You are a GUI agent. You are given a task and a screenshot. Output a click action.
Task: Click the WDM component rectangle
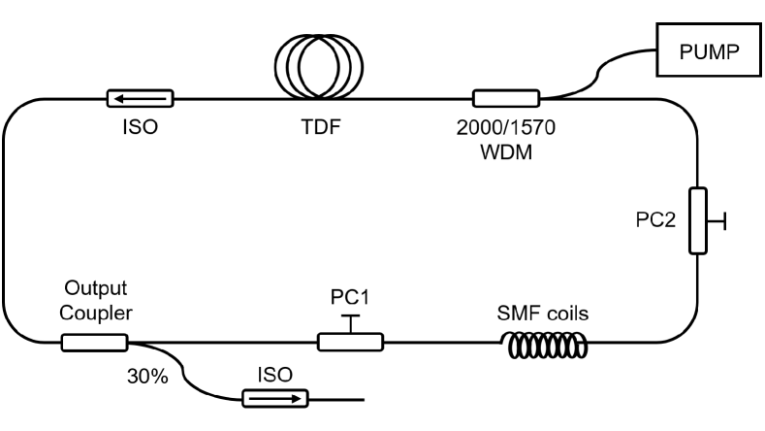pyautogui.click(x=505, y=98)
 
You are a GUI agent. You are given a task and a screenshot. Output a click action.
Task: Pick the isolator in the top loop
pyautogui.click(x=140, y=98)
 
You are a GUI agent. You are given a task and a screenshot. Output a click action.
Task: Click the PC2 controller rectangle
pyautogui.click(x=697, y=222)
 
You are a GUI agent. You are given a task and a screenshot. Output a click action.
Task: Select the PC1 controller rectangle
pyautogui.click(x=350, y=341)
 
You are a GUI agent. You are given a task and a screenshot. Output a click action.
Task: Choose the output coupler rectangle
pyautogui.click(x=94, y=341)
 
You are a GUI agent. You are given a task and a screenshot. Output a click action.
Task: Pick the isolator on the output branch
pyautogui.click(x=273, y=397)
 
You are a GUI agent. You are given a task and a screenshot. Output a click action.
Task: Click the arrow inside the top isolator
pyautogui.click(x=139, y=98)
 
